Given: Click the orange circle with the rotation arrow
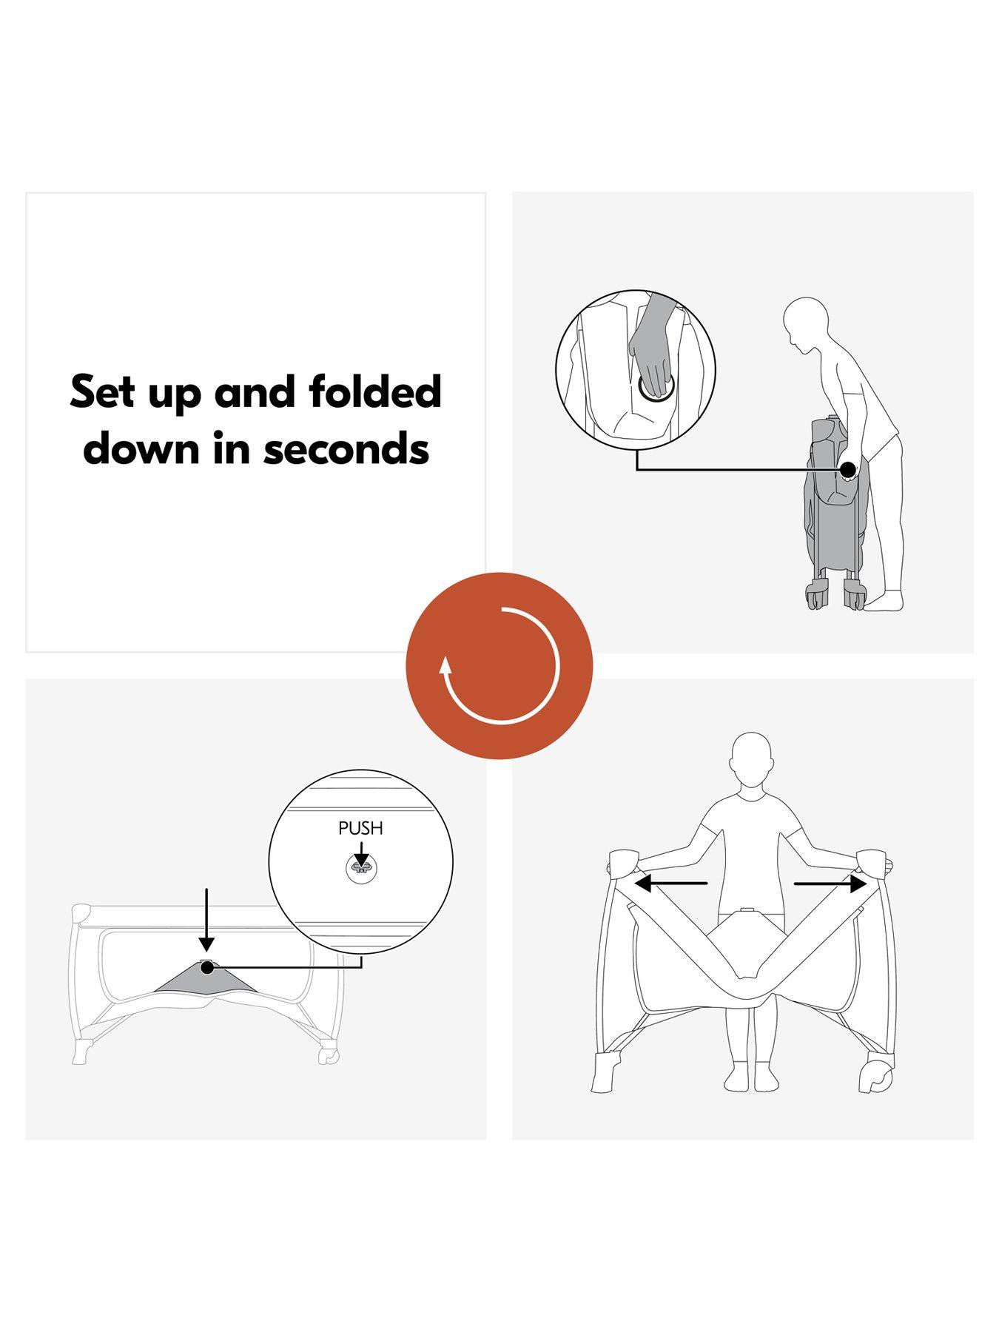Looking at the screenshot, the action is click(499, 665).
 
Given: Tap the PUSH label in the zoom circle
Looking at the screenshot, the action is click(360, 828).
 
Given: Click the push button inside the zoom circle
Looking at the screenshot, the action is click(360, 865).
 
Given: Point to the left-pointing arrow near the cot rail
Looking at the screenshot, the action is click(671, 883).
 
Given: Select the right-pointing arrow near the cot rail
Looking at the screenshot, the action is click(830, 883).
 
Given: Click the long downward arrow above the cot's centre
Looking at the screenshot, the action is click(207, 920).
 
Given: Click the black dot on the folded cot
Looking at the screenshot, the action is click(848, 469).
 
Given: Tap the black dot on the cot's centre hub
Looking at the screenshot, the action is click(207, 967).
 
